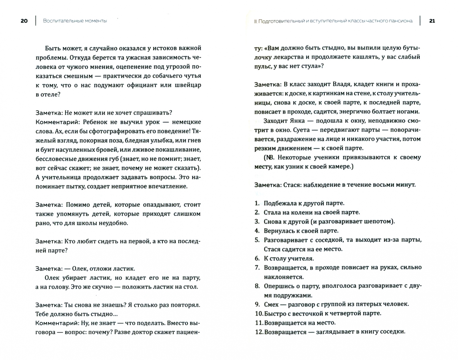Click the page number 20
[24, 21]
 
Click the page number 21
[432, 21]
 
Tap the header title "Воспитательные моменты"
[75, 21]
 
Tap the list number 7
[257, 268]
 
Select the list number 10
[259, 314]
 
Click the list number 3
[257, 222]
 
